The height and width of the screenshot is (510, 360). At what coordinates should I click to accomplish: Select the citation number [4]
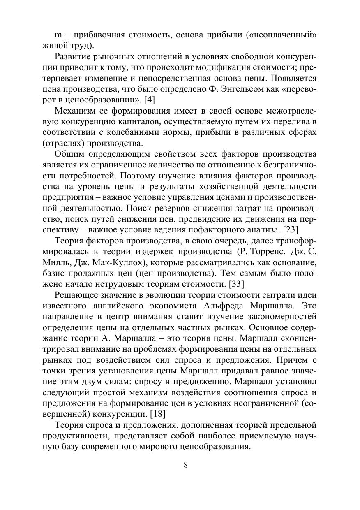(x=149, y=99)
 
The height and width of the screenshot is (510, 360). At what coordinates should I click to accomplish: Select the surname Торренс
(x=273, y=250)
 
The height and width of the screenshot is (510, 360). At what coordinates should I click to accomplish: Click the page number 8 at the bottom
(x=185, y=465)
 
